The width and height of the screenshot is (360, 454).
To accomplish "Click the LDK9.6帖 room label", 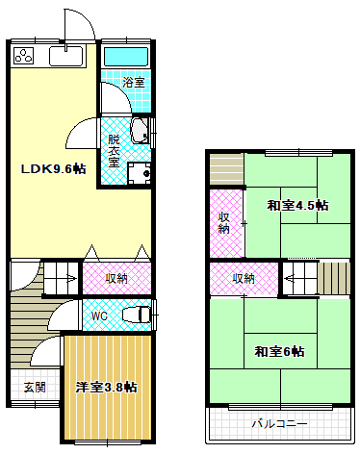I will tap(54, 169).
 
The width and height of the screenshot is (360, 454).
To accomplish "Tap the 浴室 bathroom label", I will tap(135, 84).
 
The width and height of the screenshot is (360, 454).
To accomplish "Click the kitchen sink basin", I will tap(66, 57).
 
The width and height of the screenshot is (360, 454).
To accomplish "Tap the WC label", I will tap(99, 315).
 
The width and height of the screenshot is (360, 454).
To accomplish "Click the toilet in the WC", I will tap(138, 314).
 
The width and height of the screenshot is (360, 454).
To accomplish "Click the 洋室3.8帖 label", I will tap(106, 388).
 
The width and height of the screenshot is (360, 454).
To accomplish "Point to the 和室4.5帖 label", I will tap(296, 205).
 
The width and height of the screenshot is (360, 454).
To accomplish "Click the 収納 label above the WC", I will tap(116, 278).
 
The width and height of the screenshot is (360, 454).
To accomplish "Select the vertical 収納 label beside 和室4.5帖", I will tap(223, 222).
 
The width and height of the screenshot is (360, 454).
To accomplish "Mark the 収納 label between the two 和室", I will tap(244, 278).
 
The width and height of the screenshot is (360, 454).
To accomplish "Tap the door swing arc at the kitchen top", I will tap(79, 26).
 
